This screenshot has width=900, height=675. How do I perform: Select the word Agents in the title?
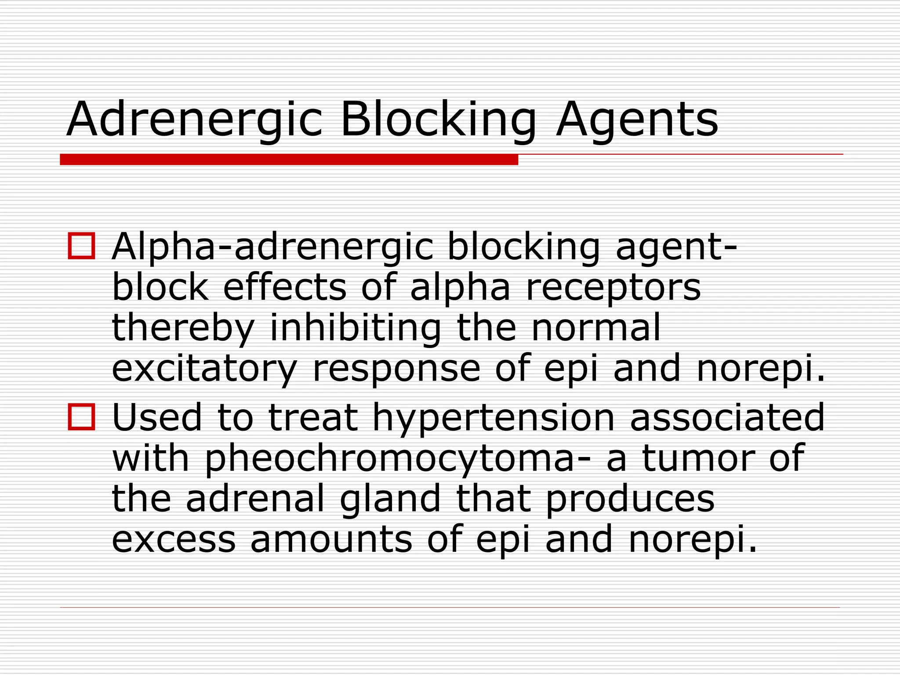pos(637,120)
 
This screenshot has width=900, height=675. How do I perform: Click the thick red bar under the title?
pos(289,159)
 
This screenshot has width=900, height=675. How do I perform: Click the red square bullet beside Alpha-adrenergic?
pos(81,246)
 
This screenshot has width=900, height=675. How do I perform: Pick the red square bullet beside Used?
pos(81,417)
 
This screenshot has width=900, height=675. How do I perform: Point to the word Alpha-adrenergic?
pos(272,247)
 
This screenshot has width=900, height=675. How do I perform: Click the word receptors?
pos(613,288)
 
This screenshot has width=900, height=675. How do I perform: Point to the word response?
pos(396,369)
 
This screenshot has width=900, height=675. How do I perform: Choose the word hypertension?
pos(494,417)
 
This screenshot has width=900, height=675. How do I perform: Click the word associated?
pos(727,417)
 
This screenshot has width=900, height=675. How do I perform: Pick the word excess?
pos(174,540)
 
